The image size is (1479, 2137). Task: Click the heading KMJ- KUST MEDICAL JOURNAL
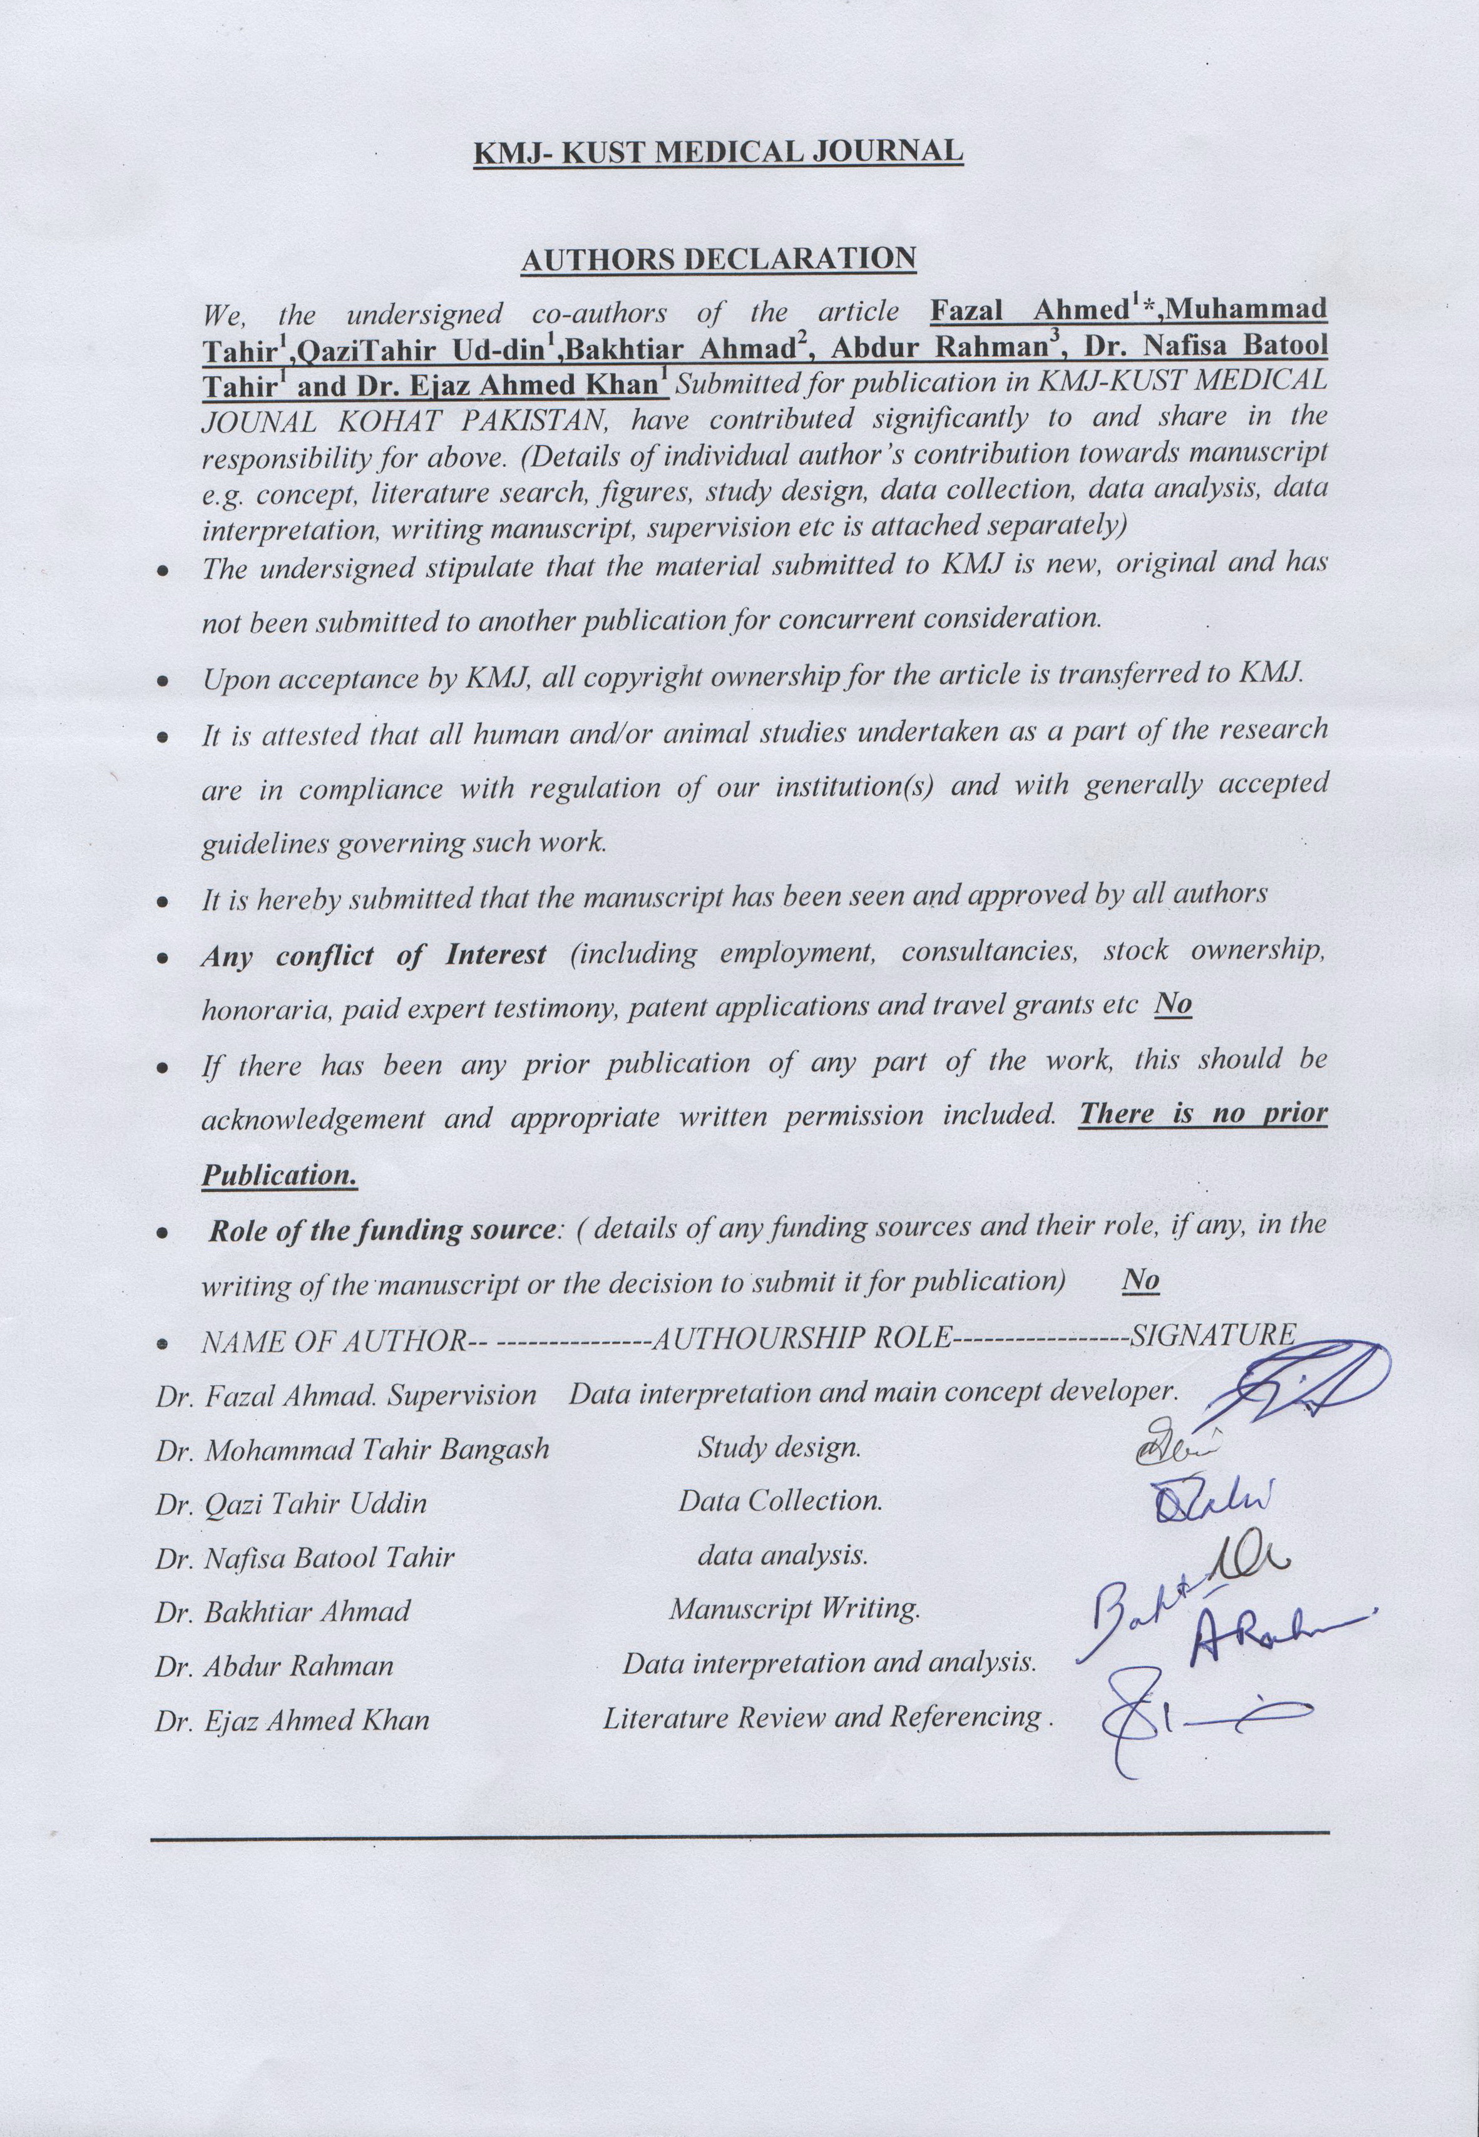click(718, 151)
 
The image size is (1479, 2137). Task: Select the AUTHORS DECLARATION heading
click(718, 260)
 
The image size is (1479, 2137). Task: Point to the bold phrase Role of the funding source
click(381, 1231)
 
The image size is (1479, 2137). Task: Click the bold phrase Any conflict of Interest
click(374, 955)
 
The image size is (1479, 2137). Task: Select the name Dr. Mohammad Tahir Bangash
click(352, 1448)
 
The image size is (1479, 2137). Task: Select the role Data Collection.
click(780, 1501)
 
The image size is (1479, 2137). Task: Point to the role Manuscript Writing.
click(794, 1609)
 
